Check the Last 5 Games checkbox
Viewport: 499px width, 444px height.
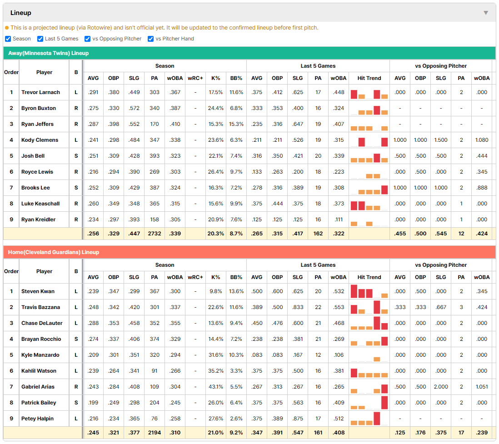point(40,39)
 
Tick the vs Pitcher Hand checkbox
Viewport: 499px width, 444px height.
point(151,39)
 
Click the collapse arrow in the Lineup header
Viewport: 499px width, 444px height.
point(486,13)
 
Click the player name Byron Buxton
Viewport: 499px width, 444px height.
point(39,108)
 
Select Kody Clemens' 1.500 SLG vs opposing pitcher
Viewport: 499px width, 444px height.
point(441,140)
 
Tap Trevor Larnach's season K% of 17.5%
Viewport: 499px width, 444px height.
point(216,92)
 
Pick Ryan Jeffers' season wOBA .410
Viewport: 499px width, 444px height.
point(175,124)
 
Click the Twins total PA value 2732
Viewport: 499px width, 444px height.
point(155,234)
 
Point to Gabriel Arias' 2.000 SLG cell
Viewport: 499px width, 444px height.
point(441,387)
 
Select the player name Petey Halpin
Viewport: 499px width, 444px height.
point(37,419)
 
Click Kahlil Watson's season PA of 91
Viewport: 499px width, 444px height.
point(155,371)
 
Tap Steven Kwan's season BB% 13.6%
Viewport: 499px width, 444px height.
point(236,291)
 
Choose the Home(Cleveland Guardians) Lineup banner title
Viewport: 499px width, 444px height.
point(54,252)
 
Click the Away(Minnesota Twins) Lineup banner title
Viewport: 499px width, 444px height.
point(48,53)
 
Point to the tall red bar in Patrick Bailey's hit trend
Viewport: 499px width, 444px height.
point(384,403)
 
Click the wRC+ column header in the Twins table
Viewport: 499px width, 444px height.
point(195,78)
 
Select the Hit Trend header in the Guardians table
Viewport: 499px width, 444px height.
point(369,277)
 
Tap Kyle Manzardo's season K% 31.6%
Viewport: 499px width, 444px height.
point(216,355)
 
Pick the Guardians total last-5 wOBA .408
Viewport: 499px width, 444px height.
point(339,433)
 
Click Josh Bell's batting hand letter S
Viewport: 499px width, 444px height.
point(76,156)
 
